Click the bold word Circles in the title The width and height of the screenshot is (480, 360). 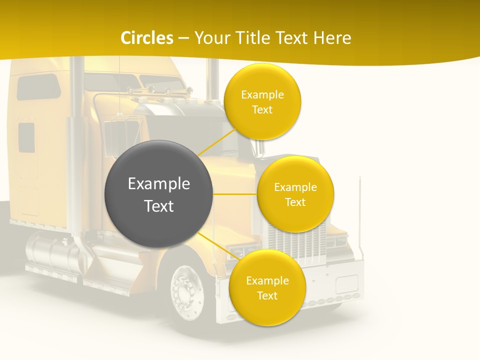147,38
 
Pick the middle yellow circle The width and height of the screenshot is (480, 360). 295,194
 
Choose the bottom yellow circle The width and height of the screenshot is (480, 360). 267,288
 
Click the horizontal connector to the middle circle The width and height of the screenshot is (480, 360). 235,194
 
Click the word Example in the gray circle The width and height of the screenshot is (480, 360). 159,184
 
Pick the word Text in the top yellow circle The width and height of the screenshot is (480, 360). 262,109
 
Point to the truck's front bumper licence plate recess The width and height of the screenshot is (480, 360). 346,283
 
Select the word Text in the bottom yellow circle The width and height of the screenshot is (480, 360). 267,295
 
